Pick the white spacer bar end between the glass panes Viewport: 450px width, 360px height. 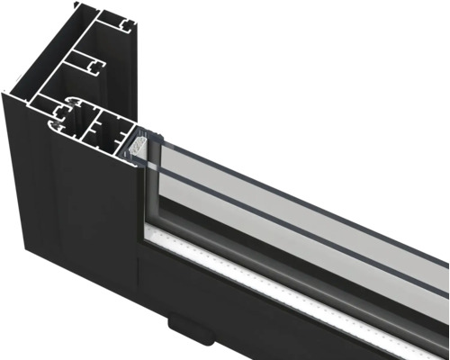point(138,142)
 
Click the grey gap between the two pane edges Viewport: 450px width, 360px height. point(297,200)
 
